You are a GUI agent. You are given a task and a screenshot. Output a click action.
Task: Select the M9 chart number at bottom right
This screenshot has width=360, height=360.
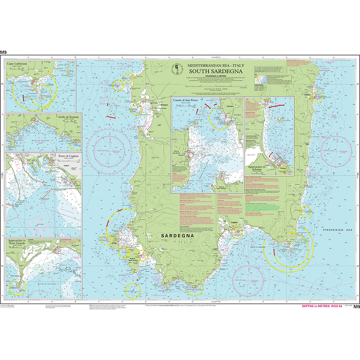(356, 306)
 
